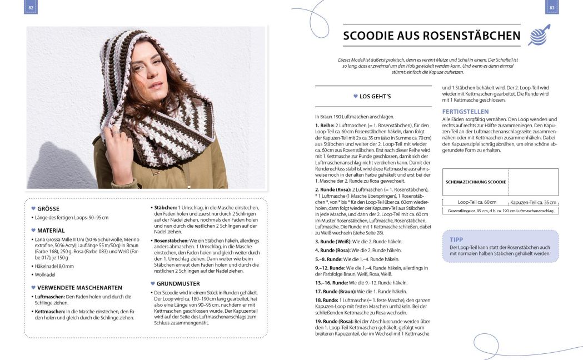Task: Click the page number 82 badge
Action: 31,7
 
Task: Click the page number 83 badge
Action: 552,7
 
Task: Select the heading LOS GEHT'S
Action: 375,96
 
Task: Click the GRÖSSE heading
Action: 48,209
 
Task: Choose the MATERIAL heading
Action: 51,230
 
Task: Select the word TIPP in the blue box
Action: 455,239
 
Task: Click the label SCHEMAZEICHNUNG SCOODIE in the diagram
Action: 476,182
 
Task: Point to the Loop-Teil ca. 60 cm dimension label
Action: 477,202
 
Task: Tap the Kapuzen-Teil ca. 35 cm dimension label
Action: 534,202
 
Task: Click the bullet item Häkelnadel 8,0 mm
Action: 55,266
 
